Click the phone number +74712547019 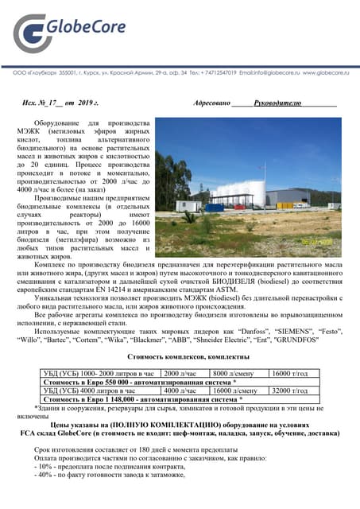[215, 72]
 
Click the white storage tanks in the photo [238, 195]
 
